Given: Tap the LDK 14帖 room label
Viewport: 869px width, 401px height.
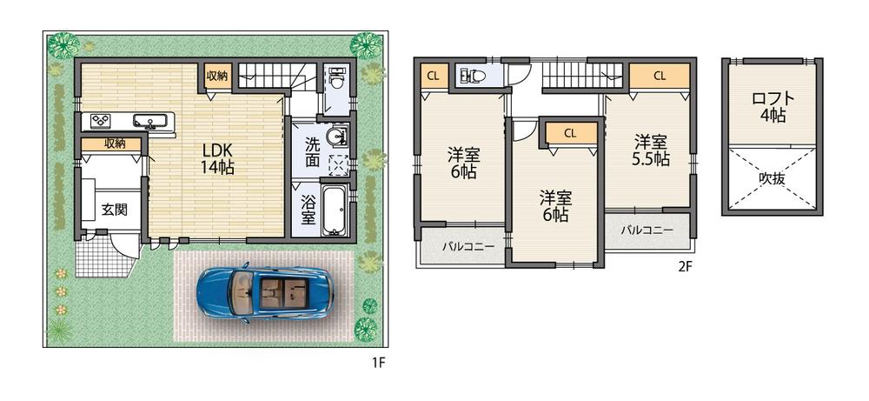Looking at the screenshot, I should click(217, 157).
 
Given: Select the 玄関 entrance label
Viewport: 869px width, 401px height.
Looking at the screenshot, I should click(112, 209).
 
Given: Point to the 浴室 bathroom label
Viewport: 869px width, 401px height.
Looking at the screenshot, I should click(308, 209).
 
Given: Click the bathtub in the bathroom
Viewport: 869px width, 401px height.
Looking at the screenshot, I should click(335, 210).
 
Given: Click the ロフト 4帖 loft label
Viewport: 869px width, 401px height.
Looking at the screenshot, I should click(771, 106).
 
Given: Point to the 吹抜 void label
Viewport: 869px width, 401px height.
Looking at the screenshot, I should click(771, 178).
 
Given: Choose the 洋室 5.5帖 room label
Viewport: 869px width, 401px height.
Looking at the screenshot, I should click(651, 150).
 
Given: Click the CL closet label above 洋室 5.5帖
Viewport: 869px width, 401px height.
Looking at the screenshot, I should click(659, 76).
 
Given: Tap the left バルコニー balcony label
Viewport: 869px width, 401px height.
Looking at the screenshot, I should click(468, 247).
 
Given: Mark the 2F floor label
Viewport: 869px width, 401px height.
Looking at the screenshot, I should click(685, 267).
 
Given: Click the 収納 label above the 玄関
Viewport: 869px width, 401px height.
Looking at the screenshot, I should click(110, 144).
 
